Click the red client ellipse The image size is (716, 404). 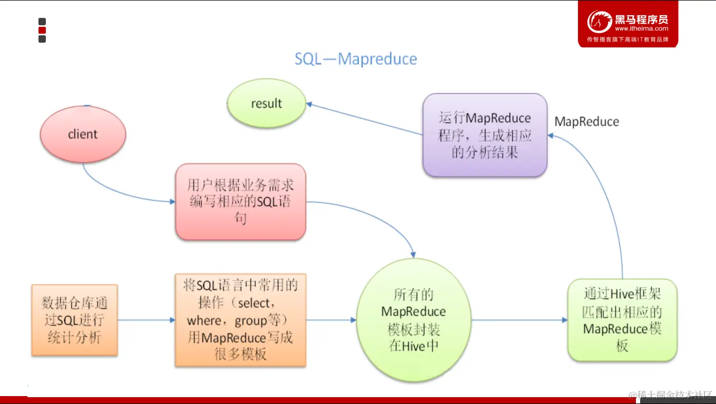click(x=83, y=134)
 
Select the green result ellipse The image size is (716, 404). click(x=267, y=103)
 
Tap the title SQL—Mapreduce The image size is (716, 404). click(x=356, y=58)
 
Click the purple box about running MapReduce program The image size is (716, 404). click(x=485, y=135)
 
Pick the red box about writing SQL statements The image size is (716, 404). click(x=240, y=202)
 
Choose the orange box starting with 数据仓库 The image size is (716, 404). click(x=74, y=320)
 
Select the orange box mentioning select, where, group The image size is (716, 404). click(x=240, y=320)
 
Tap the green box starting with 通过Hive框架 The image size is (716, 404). click(x=622, y=320)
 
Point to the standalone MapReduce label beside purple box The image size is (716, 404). click(x=586, y=122)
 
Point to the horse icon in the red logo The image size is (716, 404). click(x=600, y=23)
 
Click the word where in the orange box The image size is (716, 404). click(x=203, y=321)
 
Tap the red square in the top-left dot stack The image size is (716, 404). click(x=42, y=30)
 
